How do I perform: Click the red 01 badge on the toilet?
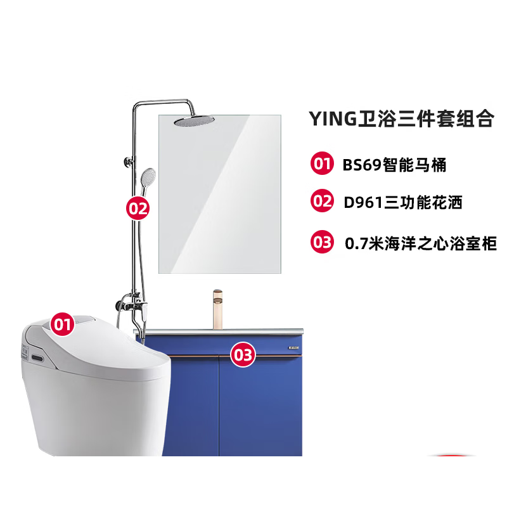61,324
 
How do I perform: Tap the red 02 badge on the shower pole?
138,207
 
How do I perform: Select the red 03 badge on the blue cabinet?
243,354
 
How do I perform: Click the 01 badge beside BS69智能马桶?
322,164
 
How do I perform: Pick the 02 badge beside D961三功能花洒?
322,202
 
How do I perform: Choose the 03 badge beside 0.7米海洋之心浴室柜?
322,241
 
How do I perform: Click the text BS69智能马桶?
394,165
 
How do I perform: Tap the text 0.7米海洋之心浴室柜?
420,243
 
